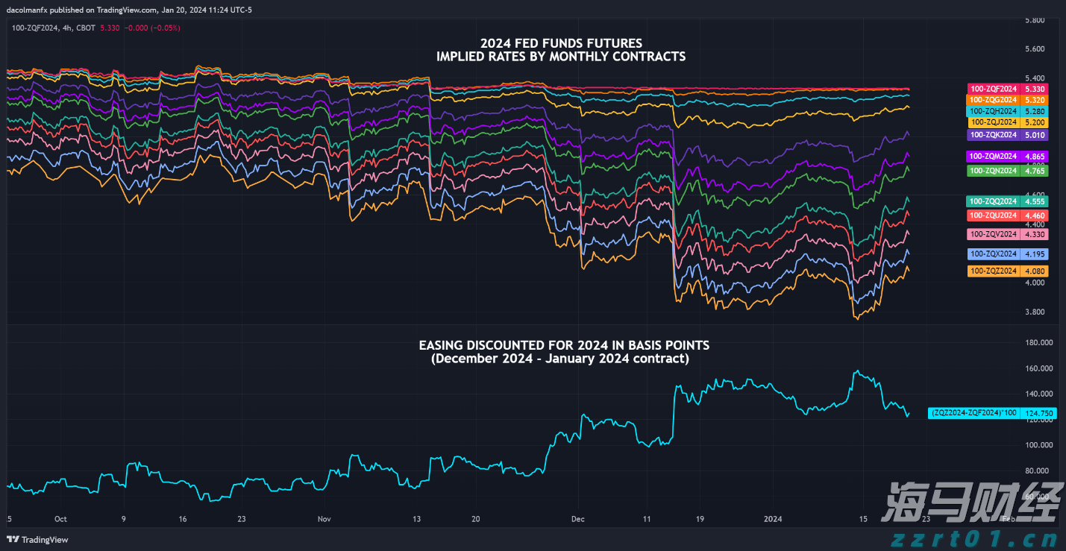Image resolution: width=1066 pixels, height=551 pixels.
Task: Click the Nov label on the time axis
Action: tap(324, 518)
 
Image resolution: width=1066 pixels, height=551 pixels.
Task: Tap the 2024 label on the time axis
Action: tap(774, 518)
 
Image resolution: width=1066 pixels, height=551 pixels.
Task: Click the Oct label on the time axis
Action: tap(60, 518)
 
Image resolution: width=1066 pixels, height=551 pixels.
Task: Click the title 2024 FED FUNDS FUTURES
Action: tap(561, 43)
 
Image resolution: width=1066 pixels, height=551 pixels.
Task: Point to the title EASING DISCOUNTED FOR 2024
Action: tap(564, 345)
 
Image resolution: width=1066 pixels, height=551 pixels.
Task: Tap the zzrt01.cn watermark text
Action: tap(973, 539)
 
